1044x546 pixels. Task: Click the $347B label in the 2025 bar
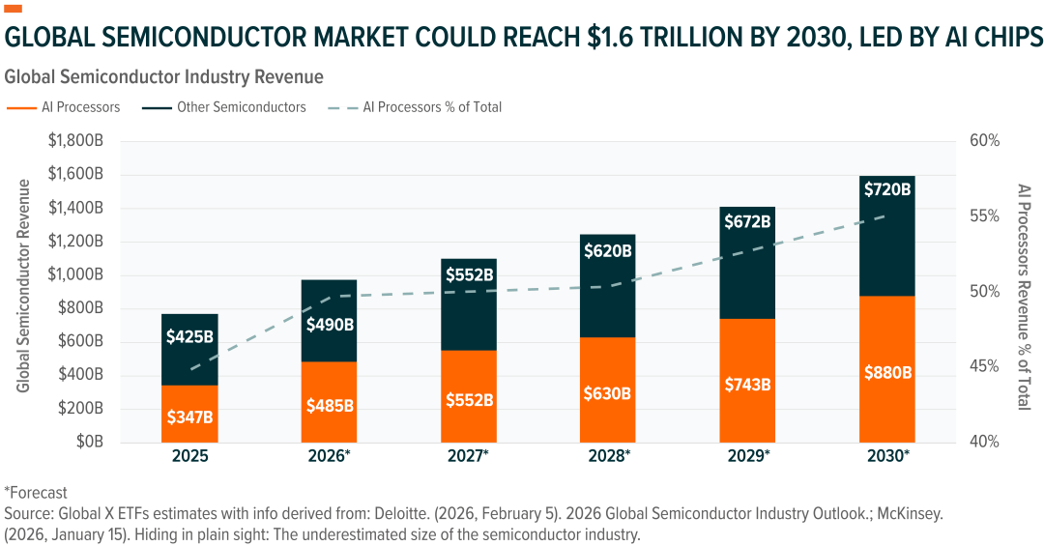pos(189,418)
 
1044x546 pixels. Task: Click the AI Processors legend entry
pos(67,107)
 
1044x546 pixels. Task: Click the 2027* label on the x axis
pos(468,456)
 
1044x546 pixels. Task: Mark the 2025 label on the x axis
pos(189,456)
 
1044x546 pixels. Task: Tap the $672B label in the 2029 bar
pos(747,221)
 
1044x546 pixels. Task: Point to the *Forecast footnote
pos(36,492)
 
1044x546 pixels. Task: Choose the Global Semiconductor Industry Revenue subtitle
pos(164,75)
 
